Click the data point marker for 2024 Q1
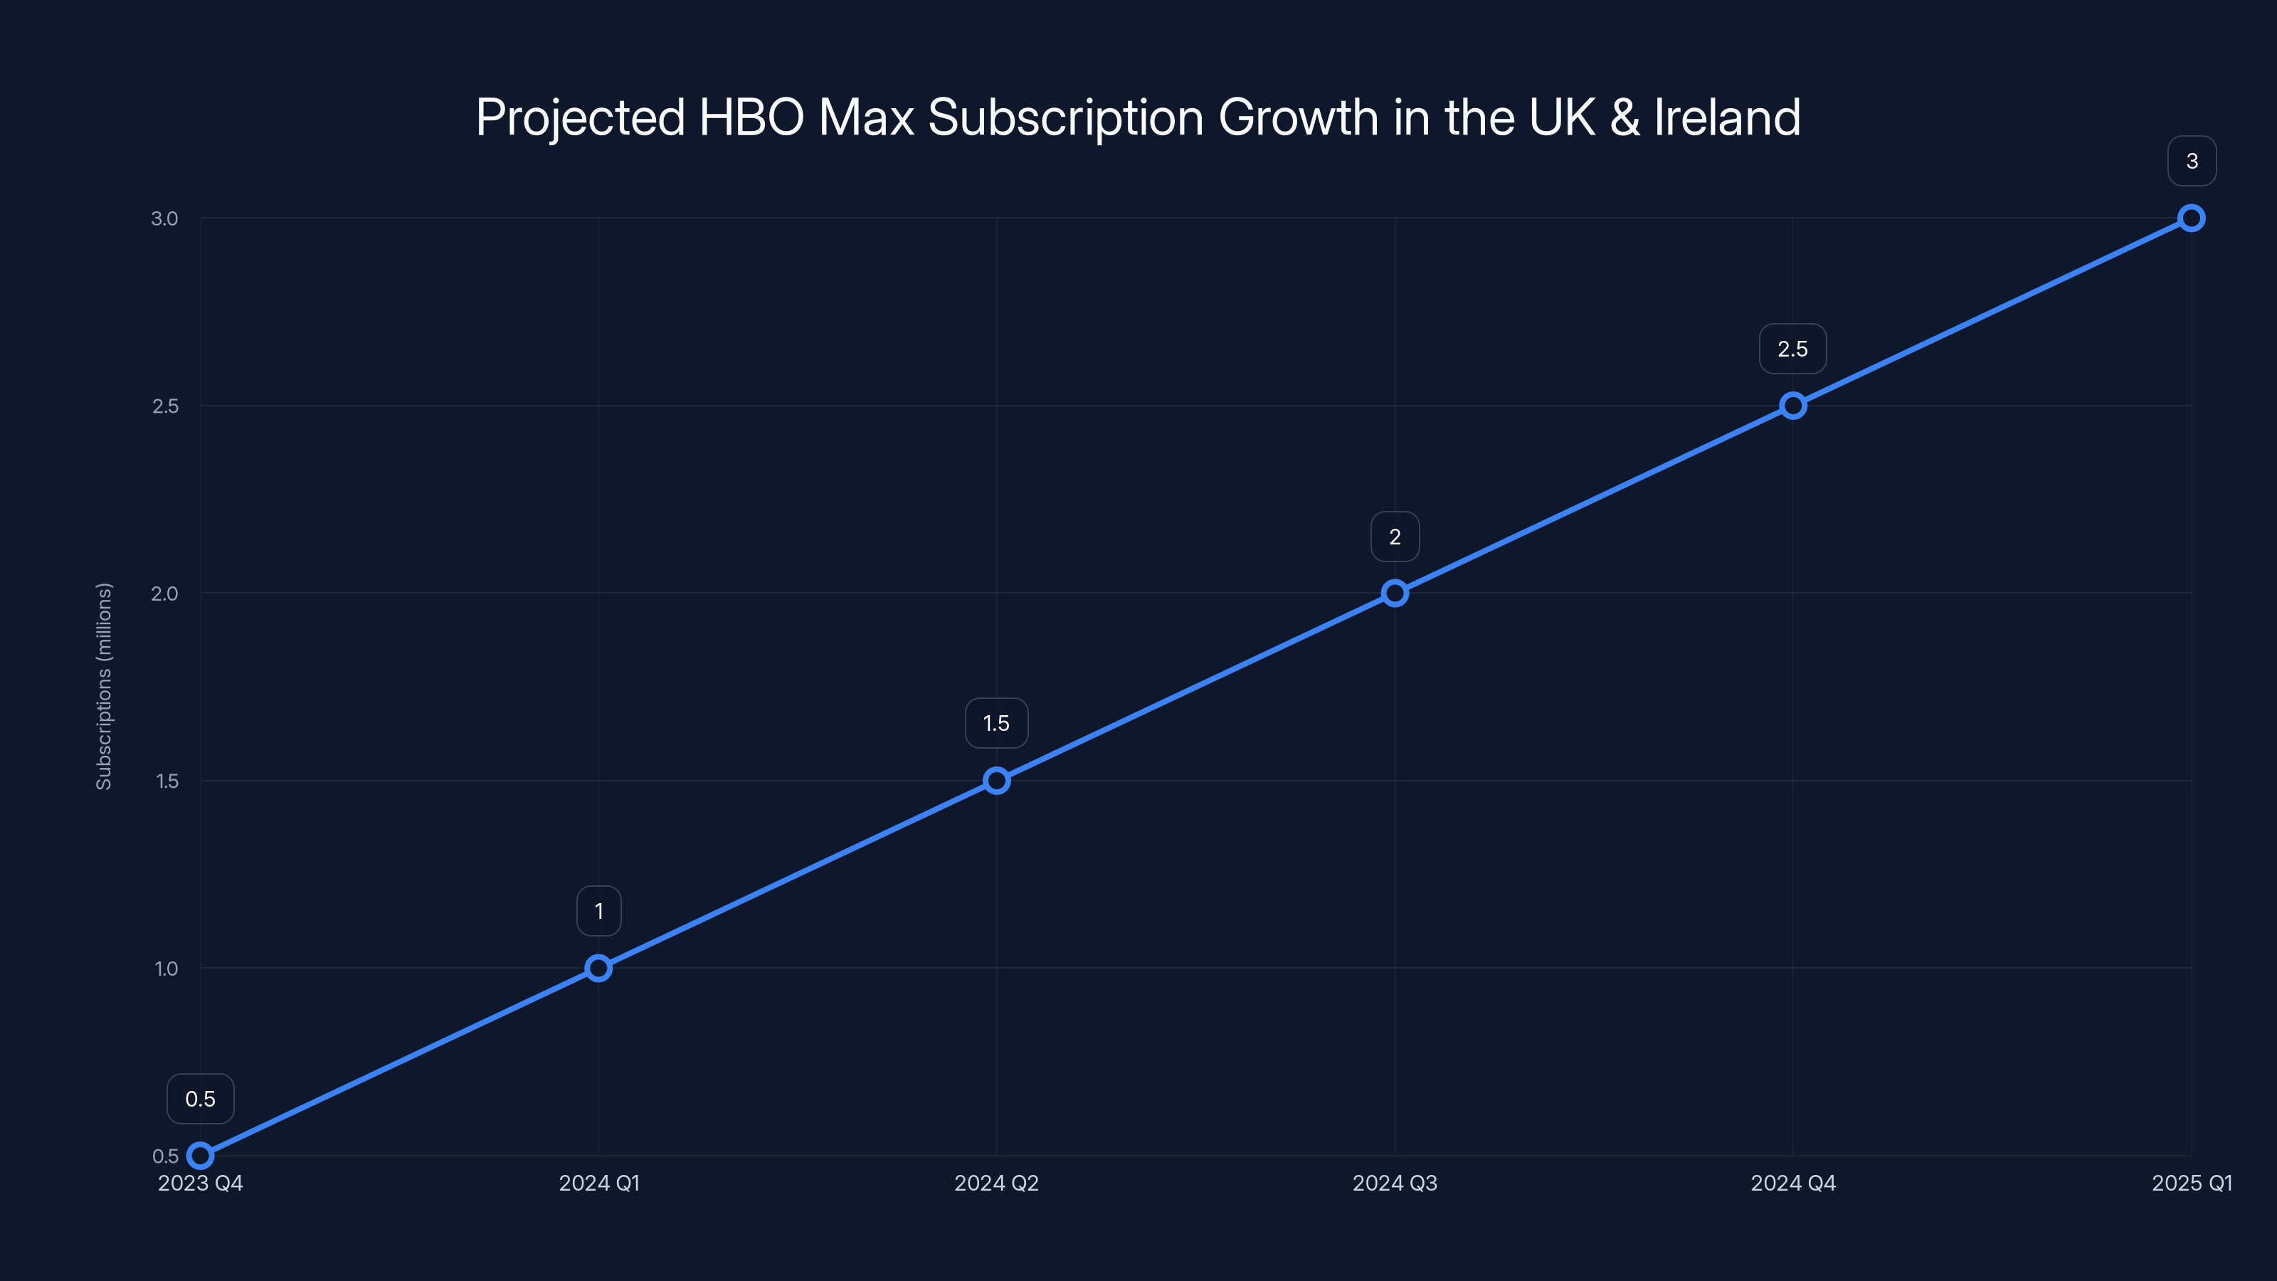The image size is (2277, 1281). point(598,968)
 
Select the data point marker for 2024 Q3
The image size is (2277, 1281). point(1395,594)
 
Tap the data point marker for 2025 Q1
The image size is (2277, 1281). point(2192,218)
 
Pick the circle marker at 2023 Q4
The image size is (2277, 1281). point(201,1156)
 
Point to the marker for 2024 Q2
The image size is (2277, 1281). point(996,781)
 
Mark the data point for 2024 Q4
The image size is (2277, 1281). point(1792,406)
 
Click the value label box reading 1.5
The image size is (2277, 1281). point(996,723)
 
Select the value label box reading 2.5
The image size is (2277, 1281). point(1792,349)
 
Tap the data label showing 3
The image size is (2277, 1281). point(2192,161)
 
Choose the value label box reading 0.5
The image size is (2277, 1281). point(201,1099)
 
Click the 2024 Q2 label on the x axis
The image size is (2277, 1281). point(996,1183)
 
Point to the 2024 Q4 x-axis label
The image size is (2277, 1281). point(1792,1183)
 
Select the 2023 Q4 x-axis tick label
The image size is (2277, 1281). point(201,1183)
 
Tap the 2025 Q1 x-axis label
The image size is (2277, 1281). point(2192,1183)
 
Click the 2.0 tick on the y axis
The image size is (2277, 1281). point(164,594)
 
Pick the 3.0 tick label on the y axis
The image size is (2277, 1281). point(164,218)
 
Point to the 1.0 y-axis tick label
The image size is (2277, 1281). point(165,968)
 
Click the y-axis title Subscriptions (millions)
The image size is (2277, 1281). point(105,686)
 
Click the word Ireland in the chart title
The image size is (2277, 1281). point(1726,117)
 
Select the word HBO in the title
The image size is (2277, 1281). point(751,117)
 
